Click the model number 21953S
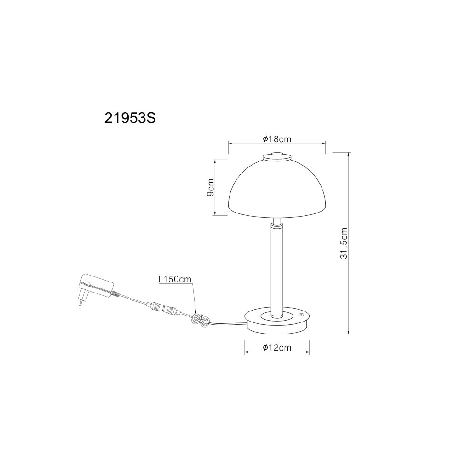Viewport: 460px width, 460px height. coord(130,118)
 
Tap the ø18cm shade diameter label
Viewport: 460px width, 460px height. coord(277,139)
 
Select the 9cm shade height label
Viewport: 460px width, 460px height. coord(210,188)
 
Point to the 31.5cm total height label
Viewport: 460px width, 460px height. coord(344,243)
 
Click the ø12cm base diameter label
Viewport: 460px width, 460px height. coord(277,348)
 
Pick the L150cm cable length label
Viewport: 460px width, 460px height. coord(175,279)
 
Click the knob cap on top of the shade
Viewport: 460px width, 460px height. coord(277,157)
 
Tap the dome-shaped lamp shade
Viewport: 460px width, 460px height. coord(277,191)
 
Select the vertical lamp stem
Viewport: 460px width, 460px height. coord(277,269)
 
